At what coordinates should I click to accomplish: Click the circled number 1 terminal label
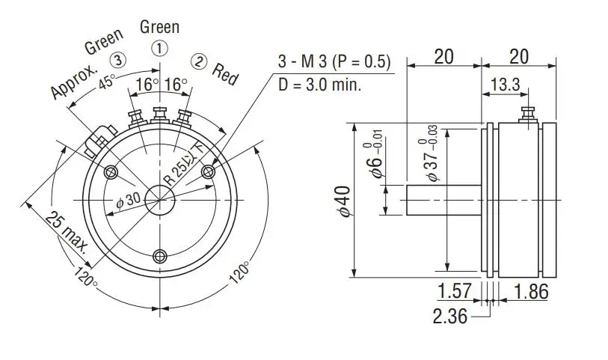[159, 49]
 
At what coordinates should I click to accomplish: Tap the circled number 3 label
[118, 60]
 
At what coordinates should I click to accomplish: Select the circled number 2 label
[200, 61]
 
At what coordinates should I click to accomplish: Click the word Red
[225, 73]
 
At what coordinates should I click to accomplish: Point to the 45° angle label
[106, 82]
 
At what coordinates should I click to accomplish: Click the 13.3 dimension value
[505, 84]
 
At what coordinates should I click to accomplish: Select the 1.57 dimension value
[454, 291]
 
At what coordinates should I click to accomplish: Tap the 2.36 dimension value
[450, 316]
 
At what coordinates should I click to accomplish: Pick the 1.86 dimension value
[531, 291]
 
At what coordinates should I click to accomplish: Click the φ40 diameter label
[343, 201]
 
